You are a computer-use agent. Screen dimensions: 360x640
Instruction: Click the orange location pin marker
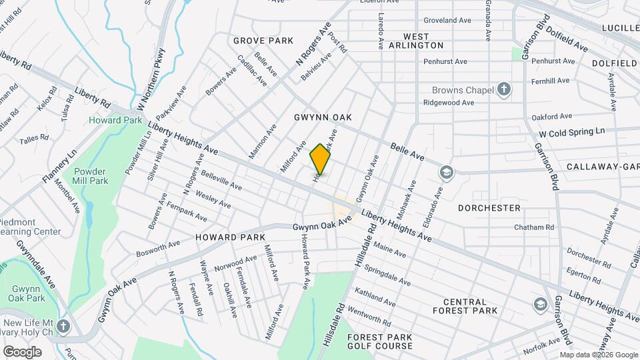(321, 159)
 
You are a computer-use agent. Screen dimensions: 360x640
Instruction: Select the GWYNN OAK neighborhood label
(323, 117)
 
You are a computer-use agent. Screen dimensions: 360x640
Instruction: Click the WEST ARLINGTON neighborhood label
(423, 40)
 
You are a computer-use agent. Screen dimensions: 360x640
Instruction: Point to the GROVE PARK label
(263, 41)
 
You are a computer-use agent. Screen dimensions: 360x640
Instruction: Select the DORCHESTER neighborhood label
(489, 208)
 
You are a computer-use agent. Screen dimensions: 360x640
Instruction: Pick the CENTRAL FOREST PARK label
(465, 306)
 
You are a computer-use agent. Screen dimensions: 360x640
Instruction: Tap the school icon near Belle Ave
(445, 173)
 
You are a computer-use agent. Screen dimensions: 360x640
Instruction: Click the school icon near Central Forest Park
(539, 305)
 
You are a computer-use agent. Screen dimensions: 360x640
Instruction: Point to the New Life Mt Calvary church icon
(63, 326)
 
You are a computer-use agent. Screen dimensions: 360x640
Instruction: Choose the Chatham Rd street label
(534, 227)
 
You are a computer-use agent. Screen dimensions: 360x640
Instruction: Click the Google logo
(22, 351)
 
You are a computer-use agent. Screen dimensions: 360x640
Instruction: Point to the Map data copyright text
(598, 355)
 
